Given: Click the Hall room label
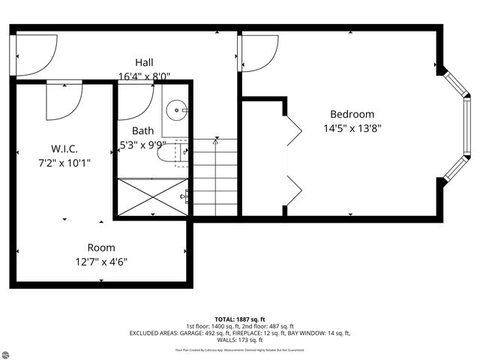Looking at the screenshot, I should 145,61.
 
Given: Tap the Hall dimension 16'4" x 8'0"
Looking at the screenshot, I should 145,76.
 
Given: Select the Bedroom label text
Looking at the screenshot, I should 352,114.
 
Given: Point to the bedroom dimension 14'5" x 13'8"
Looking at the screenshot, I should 352,127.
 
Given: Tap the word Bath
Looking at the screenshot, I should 142,130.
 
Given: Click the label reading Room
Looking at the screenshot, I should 101,247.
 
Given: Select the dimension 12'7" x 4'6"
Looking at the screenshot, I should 101,262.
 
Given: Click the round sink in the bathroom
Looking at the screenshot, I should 178,110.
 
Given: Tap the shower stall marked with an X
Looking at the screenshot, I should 152,197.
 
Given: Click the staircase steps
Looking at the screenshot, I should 216,176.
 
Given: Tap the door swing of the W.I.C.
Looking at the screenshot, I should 64,101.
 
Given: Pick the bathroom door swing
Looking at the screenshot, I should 136,95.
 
